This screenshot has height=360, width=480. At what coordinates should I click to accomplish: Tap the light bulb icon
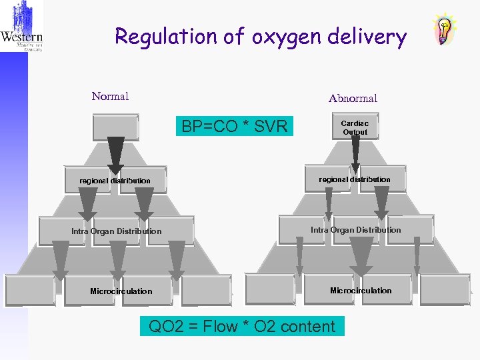tap(445, 29)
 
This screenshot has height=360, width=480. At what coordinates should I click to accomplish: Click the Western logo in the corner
tap(22, 27)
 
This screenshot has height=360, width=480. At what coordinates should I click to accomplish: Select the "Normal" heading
tap(110, 97)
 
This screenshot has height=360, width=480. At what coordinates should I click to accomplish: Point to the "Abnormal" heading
tap(353, 99)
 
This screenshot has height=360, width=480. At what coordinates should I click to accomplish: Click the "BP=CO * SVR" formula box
tap(234, 126)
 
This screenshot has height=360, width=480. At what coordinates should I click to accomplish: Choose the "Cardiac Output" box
tap(355, 128)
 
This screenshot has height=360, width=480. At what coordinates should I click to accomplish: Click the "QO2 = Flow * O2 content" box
tap(242, 327)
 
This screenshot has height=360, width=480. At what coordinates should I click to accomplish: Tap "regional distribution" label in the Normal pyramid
tap(115, 181)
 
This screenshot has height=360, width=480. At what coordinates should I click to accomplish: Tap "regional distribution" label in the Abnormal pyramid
tap(355, 179)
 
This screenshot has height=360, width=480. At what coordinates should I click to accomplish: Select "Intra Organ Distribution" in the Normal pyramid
tap(116, 231)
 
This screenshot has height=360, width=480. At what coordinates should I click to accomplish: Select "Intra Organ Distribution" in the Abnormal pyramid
tap(356, 230)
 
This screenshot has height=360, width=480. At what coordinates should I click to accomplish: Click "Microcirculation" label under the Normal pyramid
tap(121, 291)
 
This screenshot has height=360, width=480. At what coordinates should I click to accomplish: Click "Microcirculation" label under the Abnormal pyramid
tap(361, 291)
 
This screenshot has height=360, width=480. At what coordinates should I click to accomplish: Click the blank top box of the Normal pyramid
tap(115, 127)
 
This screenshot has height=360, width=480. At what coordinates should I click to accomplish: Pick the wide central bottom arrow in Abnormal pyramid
tap(361, 257)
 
